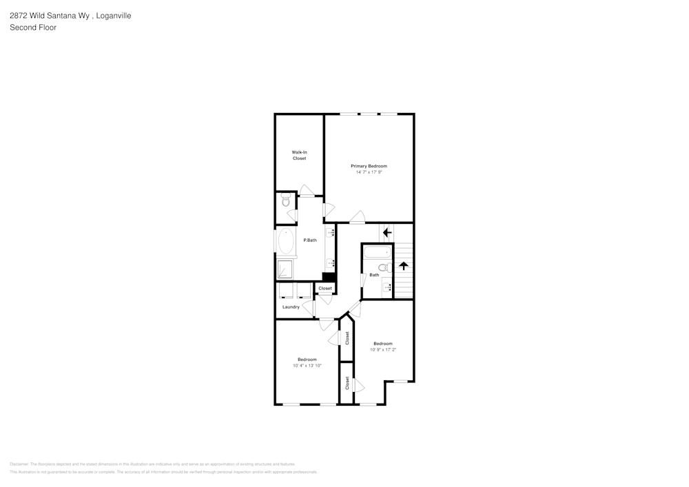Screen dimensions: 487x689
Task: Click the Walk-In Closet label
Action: click(x=299, y=155)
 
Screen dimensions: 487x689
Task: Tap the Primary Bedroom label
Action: click(x=369, y=166)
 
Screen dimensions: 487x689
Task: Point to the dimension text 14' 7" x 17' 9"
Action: click(x=369, y=172)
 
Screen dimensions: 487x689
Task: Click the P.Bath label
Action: click(x=310, y=240)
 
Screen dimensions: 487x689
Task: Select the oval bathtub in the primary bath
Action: click(x=286, y=242)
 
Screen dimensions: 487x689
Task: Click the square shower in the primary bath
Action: click(x=285, y=268)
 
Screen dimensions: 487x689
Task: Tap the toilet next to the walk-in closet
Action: click(x=286, y=202)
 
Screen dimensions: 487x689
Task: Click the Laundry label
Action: click(x=291, y=307)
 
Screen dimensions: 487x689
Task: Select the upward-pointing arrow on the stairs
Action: click(x=404, y=265)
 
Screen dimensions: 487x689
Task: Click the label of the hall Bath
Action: click(x=374, y=275)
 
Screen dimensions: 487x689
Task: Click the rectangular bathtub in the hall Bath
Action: click(x=377, y=252)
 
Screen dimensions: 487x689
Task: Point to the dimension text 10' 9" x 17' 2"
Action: click(x=383, y=350)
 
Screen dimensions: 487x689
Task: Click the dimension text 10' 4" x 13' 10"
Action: click(x=307, y=366)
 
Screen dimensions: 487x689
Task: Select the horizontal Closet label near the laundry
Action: click(x=325, y=288)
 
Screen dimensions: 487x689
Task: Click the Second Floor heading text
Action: click(x=33, y=28)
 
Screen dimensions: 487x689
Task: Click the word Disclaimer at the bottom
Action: click(x=19, y=464)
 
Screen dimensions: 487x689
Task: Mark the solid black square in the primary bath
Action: click(x=328, y=277)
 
